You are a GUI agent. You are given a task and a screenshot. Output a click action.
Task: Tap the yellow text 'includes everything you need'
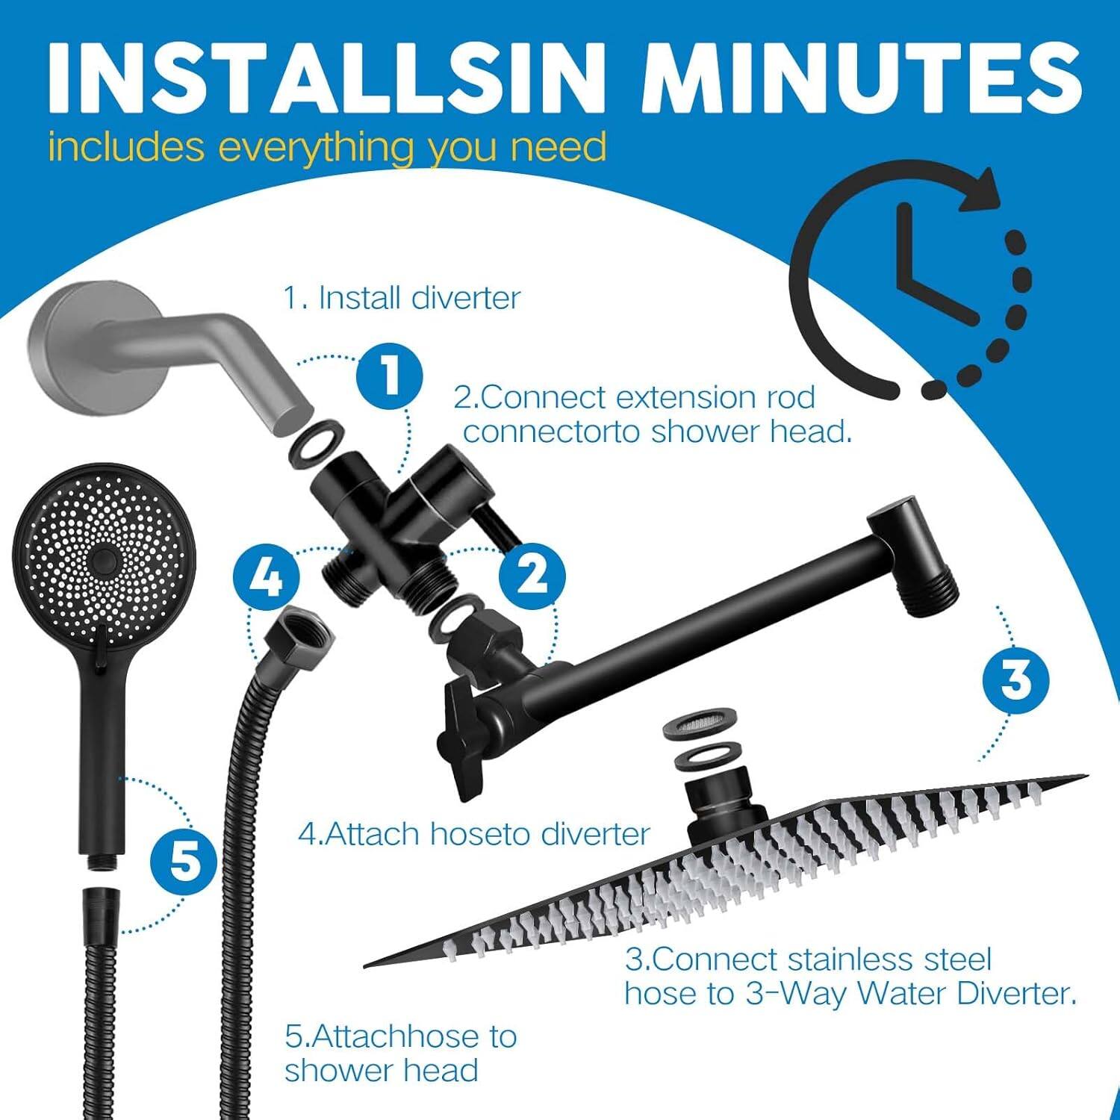[x=326, y=146]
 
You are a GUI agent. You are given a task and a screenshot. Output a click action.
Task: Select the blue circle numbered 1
[x=389, y=374]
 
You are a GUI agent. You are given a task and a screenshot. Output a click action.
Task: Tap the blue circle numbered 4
[x=266, y=577]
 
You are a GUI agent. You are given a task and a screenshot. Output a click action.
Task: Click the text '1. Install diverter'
[x=401, y=298]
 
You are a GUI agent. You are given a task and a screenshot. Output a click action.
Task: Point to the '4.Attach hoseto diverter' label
[x=474, y=834]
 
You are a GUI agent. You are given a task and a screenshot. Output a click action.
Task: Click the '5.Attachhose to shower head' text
[x=400, y=1053]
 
